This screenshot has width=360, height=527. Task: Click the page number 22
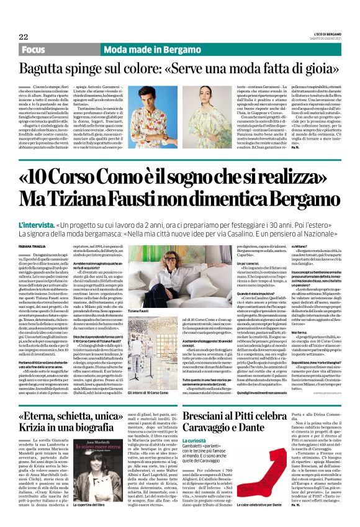coord(24,37)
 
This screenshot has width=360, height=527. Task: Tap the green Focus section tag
coord(34,50)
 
